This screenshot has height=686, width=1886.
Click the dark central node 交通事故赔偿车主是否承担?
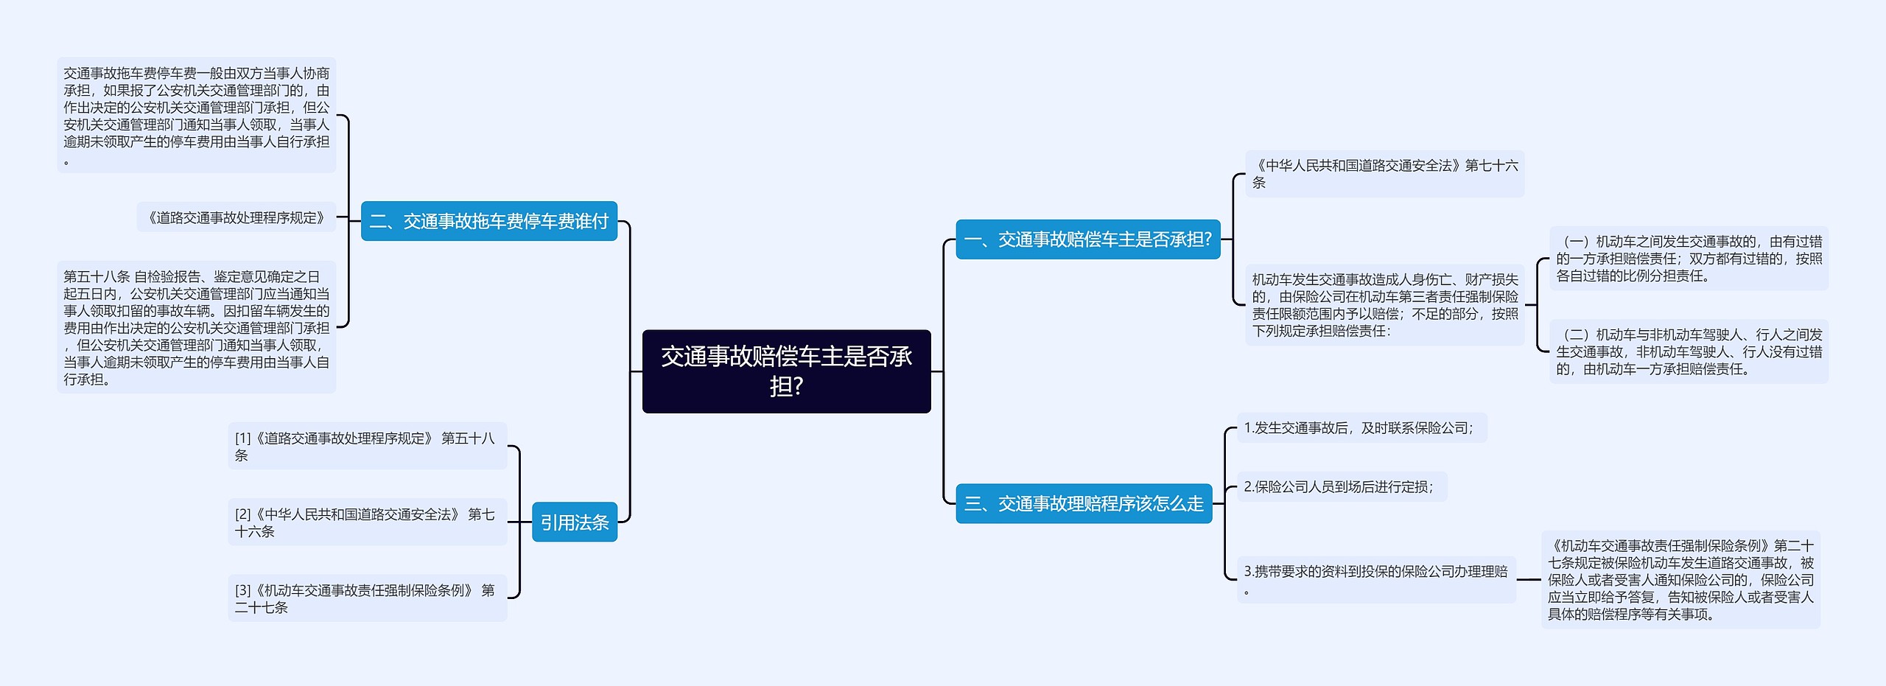(786, 371)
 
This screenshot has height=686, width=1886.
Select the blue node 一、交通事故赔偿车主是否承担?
(1087, 239)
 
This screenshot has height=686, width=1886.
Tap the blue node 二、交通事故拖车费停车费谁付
(488, 221)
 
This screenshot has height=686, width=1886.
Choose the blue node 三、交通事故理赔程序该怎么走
(1083, 504)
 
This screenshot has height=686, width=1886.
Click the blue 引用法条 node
(574, 522)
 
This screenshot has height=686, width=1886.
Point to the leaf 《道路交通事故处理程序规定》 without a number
(236, 217)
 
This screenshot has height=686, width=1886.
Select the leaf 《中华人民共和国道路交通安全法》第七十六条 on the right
(1384, 174)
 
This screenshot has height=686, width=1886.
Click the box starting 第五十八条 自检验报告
(196, 327)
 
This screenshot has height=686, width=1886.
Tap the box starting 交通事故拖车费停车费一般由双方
(196, 116)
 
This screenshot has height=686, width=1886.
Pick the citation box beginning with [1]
(367, 446)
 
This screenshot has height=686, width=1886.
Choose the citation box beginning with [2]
(367, 522)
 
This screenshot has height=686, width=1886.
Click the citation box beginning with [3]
(367, 598)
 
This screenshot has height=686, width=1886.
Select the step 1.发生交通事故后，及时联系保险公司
(1361, 428)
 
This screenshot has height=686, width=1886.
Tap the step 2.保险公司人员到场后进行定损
(1341, 487)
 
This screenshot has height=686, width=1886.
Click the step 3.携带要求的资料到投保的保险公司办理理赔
(1375, 579)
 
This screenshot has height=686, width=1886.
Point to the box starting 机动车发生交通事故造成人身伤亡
(1384, 305)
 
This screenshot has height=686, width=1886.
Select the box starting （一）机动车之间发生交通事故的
(1689, 259)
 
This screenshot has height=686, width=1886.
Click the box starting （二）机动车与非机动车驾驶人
(1689, 351)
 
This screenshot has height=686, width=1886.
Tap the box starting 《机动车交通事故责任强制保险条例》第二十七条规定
(1680, 579)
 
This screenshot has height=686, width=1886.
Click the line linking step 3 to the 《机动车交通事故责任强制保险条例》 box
(1529, 579)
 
